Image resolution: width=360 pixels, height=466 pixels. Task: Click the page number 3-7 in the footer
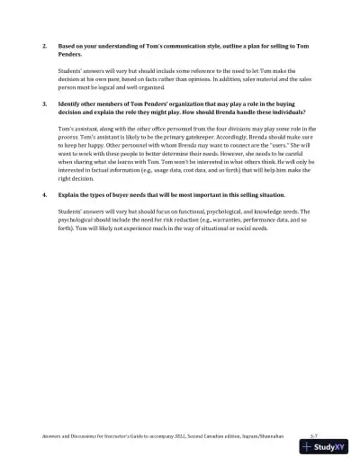pyautogui.click(x=312, y=434)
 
